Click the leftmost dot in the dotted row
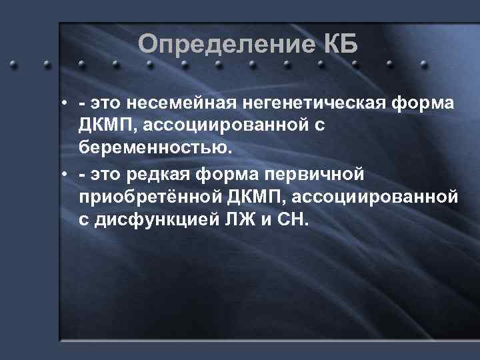click(x=12, y=65)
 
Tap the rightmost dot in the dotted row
click(x=423, y=65)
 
